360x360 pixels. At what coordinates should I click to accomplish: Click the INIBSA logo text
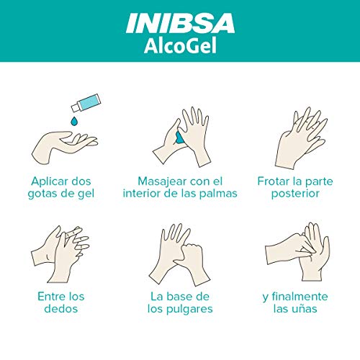180,23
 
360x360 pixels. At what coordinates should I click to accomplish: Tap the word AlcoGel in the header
180,45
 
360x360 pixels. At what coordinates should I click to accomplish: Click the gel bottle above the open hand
86,103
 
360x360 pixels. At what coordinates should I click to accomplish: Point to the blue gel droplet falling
74,121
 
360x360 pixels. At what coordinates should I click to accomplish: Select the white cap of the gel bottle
76,107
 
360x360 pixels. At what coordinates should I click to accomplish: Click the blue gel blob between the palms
179,138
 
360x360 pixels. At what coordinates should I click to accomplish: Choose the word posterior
295,194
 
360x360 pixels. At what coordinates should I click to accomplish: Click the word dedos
61,309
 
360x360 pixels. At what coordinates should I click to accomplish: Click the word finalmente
300,297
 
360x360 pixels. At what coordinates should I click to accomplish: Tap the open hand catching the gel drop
64,146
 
